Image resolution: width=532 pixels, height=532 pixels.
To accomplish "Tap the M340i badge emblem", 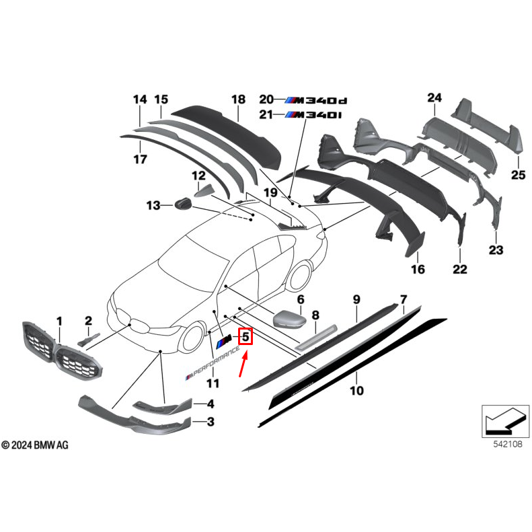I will pyautogui.click(x=313, y=115).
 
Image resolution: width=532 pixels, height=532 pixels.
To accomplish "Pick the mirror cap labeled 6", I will pyautogui.click(x=289, y=317).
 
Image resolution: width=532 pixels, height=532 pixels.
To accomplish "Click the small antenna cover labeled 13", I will pyautogui.click(x=183, y=203).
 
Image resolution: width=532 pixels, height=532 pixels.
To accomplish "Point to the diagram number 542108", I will pyautogui.click(x=504, y=445).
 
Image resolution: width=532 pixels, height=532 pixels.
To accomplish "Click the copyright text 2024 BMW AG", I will pyautogui.click(x=35, y=445).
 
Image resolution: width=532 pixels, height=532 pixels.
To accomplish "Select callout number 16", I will pyautogui.click(x=418, y=270).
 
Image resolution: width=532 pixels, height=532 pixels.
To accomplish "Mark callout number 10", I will pyautogui.click(x=356, y=389).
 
